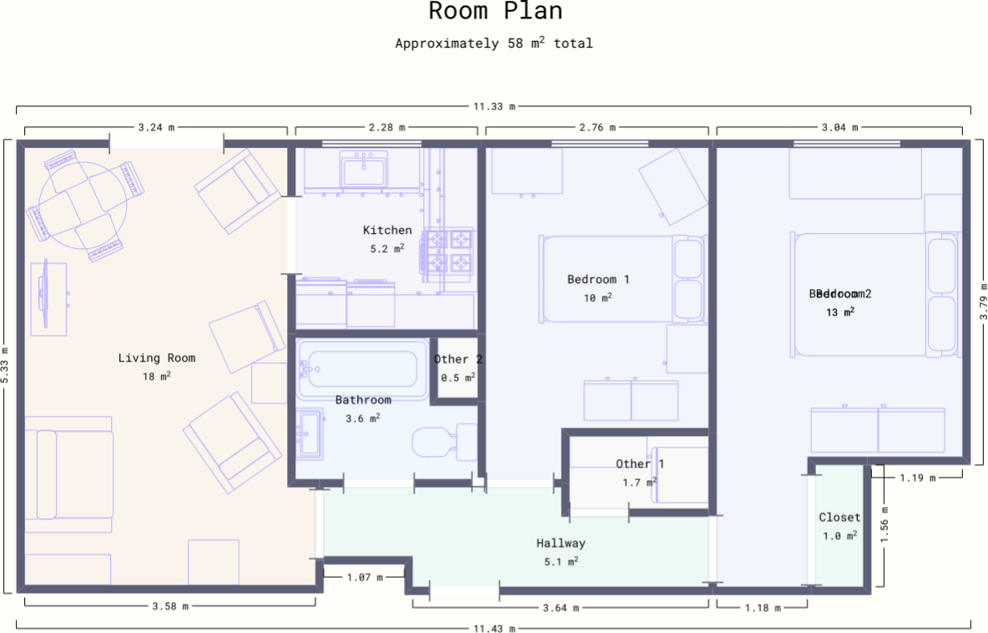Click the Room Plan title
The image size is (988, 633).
coord(495,12)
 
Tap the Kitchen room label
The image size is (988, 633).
coord(387,230)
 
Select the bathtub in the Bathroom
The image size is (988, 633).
coord(358,367)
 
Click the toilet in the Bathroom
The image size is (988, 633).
coord(443,442)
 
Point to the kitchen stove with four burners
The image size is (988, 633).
coord(450,251)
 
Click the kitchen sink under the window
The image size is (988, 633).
coord(364,171)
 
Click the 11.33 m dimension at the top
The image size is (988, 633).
coord(494,107)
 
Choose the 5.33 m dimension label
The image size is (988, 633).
coord(6,365)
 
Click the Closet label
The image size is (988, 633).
coord(839,518)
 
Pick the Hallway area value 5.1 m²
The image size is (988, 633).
coord(561,561)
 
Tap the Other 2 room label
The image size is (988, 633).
coord(458,360)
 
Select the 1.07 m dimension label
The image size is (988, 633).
coord(365,577)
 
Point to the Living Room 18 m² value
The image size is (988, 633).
coord(156,377)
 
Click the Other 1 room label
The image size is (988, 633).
coord(640,464)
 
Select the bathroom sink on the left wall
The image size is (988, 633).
coord(310,434)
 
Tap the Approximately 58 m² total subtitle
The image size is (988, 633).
coord(494,43)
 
